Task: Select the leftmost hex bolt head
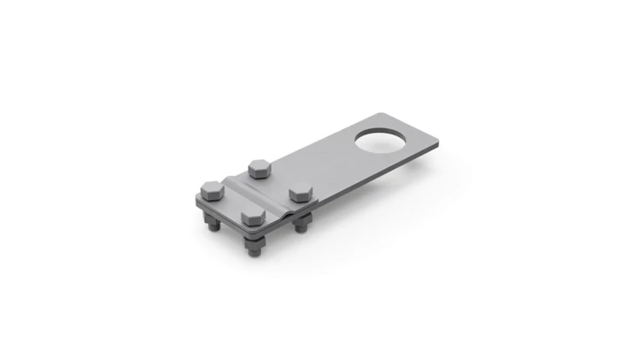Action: (211, 188)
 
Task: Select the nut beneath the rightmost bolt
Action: (302, 220)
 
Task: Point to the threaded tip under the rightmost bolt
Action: (303, 231)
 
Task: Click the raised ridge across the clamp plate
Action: (257, 189)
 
